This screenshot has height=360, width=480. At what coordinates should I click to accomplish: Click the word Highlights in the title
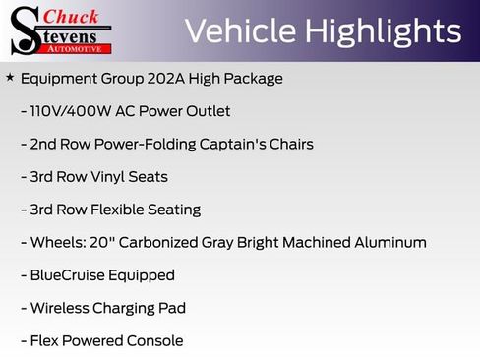point(383,31)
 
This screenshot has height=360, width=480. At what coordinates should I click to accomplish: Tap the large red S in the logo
point(25,30)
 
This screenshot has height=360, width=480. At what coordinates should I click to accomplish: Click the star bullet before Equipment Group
point(10,77)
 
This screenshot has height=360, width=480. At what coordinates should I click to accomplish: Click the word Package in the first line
point(253,78)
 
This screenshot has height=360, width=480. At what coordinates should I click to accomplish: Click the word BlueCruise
point(68,275)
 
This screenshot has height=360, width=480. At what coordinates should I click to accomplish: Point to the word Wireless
point(62,308)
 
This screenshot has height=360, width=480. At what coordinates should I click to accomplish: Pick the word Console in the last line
point(151,341)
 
